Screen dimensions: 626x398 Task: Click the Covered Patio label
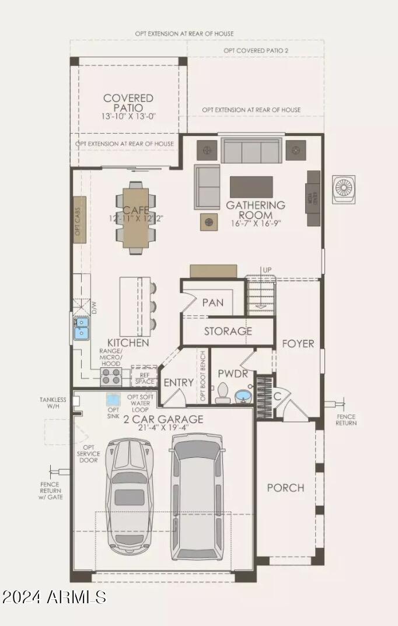tap(128, 103)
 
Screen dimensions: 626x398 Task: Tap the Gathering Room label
tap(256, 210)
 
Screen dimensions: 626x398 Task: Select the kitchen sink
tap(81, 328)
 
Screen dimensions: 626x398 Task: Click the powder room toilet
tap(222, 394)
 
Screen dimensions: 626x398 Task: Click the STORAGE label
tap(228, 331)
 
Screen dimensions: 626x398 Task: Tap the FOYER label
tap(298, 343)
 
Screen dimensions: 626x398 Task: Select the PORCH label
tap(285, 488)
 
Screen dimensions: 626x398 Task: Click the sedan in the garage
tap(129, 496)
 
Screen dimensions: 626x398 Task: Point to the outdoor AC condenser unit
tap(344, 189)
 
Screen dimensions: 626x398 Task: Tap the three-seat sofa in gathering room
tap(251, 151)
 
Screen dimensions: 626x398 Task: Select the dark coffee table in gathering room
tap(251, 187)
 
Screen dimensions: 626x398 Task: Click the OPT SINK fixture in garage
tap(113, 401)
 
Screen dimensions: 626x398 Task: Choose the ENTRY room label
tap(178, 382)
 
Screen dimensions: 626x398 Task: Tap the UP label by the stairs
tap(267, 270)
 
